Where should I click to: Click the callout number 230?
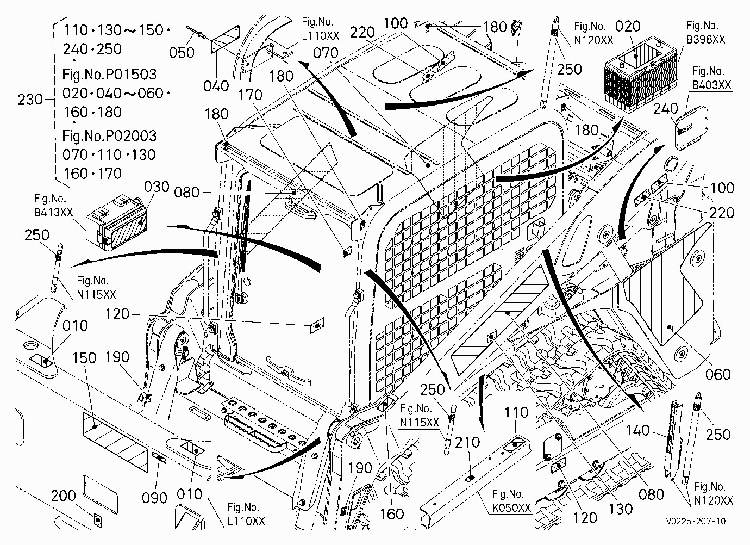click(x=30, y=100)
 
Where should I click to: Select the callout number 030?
click(x=157, y=187)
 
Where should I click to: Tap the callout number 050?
click(x=182, y=53)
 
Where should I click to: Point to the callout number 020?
click(x=628, y=26)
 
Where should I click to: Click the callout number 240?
click(x=666, y=109)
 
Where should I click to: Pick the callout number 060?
click(x=718, y=374)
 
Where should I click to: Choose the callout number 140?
click(x=637, y=430)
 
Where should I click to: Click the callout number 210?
click(x=467, y=442)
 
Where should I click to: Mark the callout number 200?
click(x=63, y=496)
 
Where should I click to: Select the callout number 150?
click(x=84, y=358)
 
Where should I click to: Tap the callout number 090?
click(x=154, y=498)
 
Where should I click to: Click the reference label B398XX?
click(x=706, y=40)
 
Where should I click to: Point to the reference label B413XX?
click(x=53, y=213)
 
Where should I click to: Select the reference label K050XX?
click(x=511, y=508)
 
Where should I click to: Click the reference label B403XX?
click(x=711, y=85)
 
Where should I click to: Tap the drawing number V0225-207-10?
click(x=696, y=521)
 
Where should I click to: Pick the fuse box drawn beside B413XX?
click(x=116, y=222)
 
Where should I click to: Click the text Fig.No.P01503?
click(x=109, y=74)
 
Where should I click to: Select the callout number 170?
click(x=250, y=95)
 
